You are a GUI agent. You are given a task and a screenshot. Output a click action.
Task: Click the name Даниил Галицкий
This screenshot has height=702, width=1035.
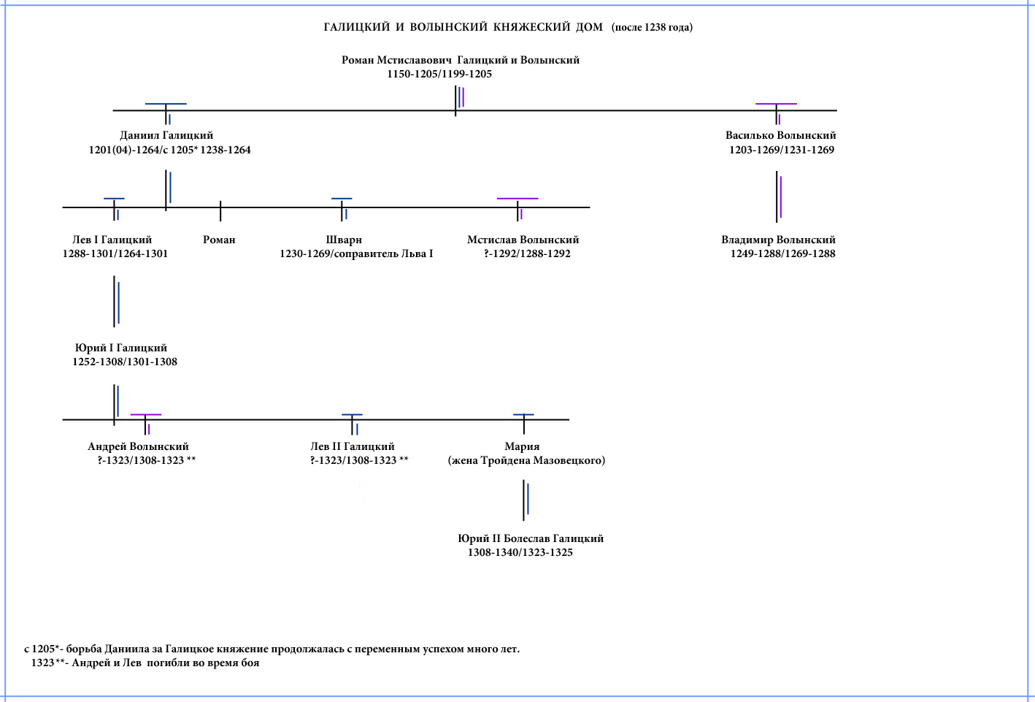[x=166, y=135]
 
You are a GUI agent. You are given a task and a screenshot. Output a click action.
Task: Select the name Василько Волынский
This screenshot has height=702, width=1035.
[x=780, y=135]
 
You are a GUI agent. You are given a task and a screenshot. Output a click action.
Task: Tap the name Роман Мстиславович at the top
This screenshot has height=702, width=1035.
[x=396, y=60]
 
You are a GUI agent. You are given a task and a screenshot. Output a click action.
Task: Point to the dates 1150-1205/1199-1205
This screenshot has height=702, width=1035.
[x=439, y=74]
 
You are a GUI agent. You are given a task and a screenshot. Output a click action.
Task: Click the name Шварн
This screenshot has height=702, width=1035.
[x=344, y=240]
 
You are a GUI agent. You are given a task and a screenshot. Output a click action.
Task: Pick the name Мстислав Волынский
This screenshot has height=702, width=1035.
[x=523, y=240]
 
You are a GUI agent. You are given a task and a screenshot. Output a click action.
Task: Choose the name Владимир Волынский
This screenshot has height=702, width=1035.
[x=778, y=240]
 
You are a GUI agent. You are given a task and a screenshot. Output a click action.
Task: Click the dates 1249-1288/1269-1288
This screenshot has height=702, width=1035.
[x=782, y=253]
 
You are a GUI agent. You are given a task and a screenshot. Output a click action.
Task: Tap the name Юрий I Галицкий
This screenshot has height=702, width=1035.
[x=121, y=348]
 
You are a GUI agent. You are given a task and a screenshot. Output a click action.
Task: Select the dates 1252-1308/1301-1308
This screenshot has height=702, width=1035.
[x=124, y=362]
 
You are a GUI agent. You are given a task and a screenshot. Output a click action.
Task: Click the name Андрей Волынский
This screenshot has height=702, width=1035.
[x=138, y=446]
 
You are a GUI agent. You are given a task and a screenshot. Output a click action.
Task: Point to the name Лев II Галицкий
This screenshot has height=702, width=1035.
[x=352, y=446]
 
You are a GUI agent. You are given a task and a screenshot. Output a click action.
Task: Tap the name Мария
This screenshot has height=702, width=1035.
[x=522, y=446]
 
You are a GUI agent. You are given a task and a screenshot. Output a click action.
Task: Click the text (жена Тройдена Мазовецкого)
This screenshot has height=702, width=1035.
[x=526, y=460]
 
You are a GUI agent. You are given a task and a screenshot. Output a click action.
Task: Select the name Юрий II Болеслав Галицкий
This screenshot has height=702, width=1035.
[x=531, y=538]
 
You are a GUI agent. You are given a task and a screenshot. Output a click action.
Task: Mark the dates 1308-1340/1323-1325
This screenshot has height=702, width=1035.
[x=520, y=552]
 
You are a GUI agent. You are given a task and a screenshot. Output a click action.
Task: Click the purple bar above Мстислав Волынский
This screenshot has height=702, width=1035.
[x=517, y=199]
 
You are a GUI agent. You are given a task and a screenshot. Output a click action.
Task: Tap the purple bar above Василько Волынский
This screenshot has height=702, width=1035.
[x=776, y=104]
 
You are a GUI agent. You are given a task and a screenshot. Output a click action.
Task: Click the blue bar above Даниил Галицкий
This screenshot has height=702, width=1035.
[x=166, y=104]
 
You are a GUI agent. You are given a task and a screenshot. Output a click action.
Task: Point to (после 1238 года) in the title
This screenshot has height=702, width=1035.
[x=652, y=27]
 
